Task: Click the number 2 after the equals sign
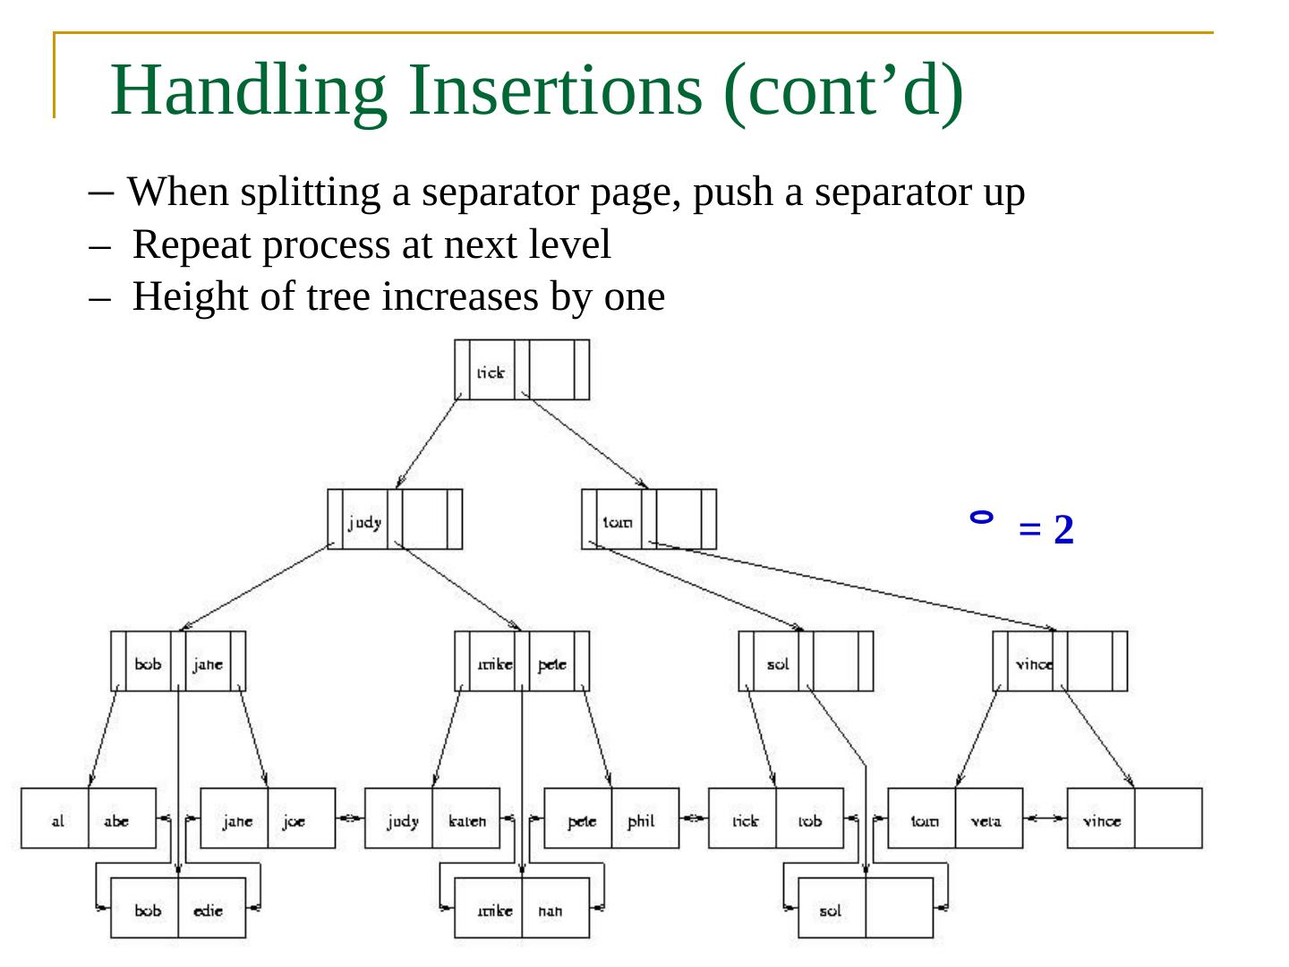1063,531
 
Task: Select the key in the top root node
491,372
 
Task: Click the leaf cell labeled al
55,819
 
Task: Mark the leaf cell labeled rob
809,819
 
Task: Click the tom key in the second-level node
618,520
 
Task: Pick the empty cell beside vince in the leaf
1167,819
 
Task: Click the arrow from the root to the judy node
427,444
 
